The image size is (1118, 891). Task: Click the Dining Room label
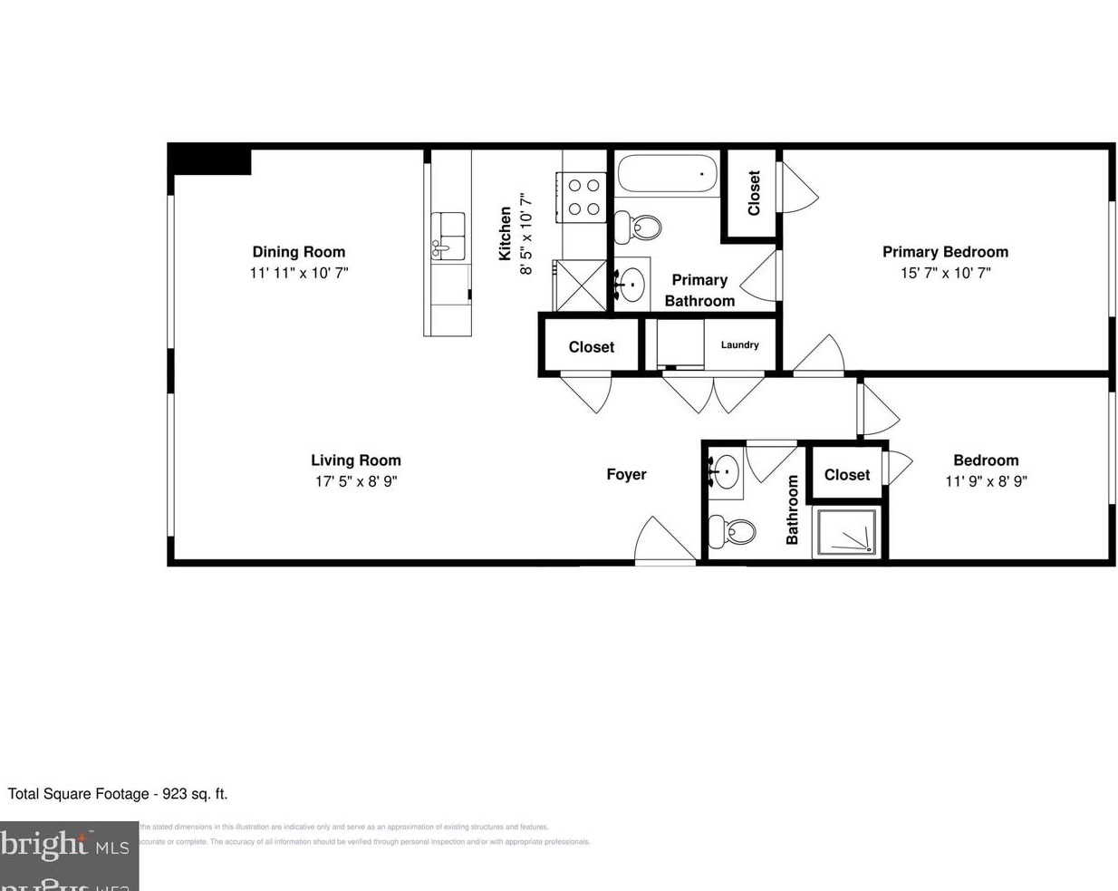(298, 252)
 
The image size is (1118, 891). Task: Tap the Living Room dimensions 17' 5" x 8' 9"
(355, 481)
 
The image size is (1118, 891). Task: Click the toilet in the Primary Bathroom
(637, 227)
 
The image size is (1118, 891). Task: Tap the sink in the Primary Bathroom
(631, 285)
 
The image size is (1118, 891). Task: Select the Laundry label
(739, 344)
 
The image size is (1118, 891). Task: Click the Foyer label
(626, 474)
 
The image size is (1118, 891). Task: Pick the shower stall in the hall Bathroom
(845, 532)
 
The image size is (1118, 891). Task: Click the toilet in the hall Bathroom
(730, 531)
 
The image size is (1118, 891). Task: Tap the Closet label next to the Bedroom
(846, 475)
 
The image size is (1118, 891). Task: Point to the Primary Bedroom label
(945, 252)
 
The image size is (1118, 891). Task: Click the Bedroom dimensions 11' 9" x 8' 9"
(986, 481)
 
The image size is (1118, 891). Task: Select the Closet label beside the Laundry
(591, 347)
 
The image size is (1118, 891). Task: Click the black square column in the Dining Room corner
(210, 160)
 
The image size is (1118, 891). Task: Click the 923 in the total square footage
(174, 794)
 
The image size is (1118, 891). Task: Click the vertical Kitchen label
(506, 234)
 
